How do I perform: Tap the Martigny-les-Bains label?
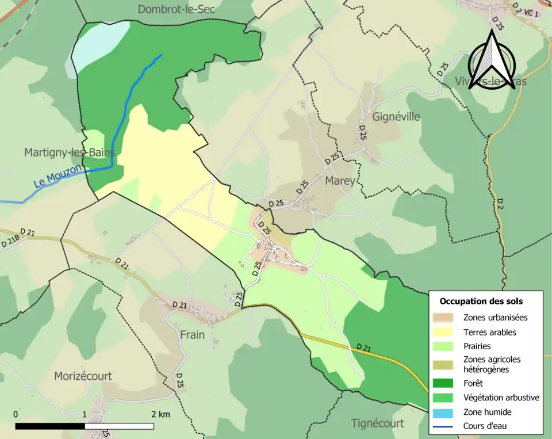[69, 152]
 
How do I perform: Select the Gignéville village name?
[396, 117]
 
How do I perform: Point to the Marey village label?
[340, 181]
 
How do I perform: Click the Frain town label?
[192, 334]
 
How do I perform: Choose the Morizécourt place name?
[83, 376]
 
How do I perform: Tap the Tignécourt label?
[377, 423]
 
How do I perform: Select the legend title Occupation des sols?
[481, 301]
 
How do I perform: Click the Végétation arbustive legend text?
[501, 398]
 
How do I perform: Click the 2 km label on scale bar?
[160, 415]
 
